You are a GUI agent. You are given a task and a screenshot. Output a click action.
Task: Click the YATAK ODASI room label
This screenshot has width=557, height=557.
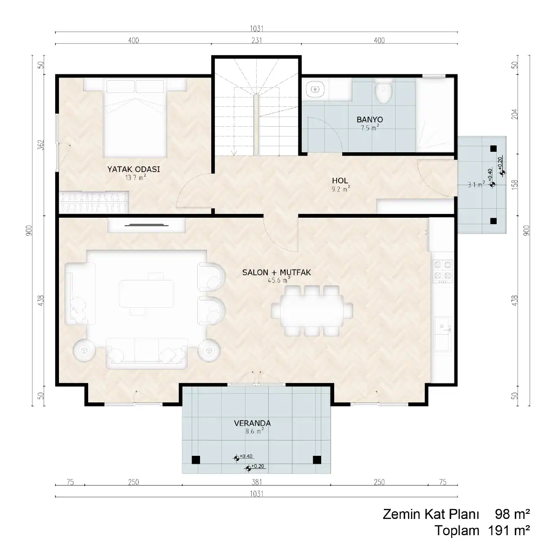tap(134, 169)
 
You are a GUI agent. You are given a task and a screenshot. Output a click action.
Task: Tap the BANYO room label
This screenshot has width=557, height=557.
tap(369, 119)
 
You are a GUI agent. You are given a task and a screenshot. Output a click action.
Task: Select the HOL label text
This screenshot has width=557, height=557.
tap(340, 181)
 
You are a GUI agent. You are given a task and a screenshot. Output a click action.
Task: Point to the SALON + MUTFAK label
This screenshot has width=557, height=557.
tap(277, 272)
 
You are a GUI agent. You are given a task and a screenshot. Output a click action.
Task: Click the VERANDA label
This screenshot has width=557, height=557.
tap(253, 423)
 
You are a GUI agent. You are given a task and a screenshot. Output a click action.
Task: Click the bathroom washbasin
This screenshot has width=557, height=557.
tap(315, 89)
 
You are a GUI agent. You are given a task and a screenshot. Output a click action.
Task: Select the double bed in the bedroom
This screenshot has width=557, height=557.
tap(135, 118)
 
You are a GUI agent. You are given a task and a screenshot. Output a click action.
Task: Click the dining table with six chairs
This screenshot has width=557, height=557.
tap(312, 311)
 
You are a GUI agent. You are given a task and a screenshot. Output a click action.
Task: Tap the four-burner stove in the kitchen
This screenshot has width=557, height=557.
tap(442, 271)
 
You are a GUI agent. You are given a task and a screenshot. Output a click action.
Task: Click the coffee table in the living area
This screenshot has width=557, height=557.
tap(147, 293)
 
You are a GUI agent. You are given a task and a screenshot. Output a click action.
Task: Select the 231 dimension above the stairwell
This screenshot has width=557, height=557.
tap(256, 40)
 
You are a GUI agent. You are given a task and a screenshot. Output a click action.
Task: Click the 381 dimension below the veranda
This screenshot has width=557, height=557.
tap(256, 482)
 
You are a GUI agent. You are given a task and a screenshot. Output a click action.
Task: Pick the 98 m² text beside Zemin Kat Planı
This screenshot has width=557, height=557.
tap(512, 514)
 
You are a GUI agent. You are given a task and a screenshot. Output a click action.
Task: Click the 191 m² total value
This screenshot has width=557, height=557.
tap(509, 531)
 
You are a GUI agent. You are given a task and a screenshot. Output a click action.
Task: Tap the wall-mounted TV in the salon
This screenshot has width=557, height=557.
tap(147, 225)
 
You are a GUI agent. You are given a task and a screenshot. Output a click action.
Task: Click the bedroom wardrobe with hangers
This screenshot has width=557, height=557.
tap(94, 202)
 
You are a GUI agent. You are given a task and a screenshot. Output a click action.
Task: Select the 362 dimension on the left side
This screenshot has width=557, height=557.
tap(41, 145)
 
